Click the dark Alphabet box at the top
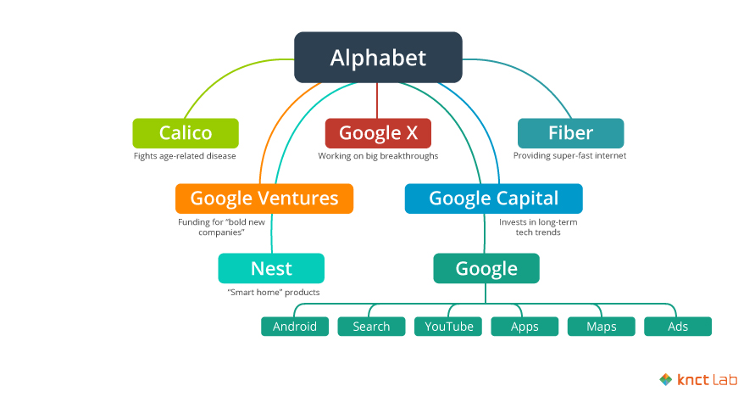(378, 58)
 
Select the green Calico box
(185, 133)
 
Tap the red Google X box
(378, 133)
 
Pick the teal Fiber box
(570, 133)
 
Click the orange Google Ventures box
(264, 198)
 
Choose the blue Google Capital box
(493, 198)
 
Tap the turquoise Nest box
(271, 269)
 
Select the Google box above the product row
(486, 269)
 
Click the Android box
(295, 327)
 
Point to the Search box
(371, 327)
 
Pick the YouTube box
(449, 327)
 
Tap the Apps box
(525, 327)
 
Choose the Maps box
(601, 327)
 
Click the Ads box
(678, 327)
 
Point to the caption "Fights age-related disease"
(185, 156)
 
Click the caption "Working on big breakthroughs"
(378, 156)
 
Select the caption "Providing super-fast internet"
(570, 156)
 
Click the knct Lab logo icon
(666, 380)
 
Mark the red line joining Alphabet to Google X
(378, 100)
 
